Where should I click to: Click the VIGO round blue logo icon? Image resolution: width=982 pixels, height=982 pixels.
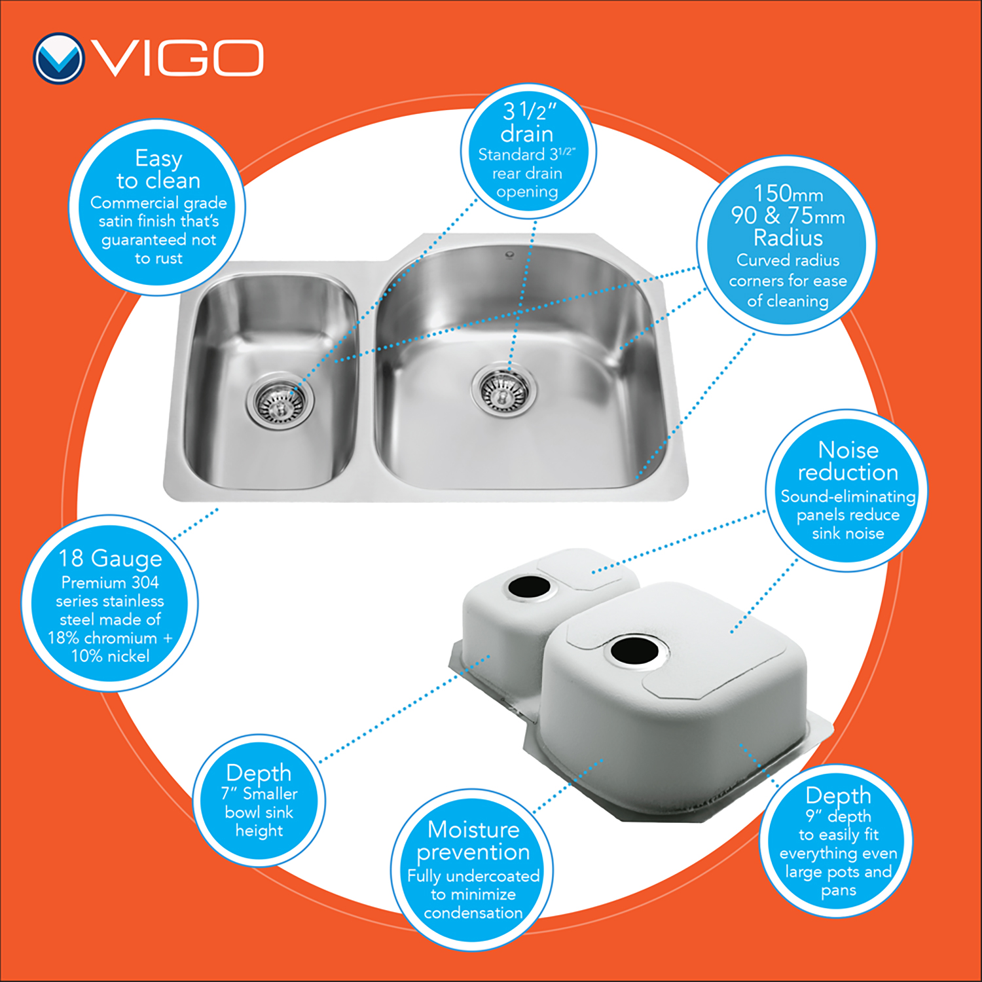click(x=58, y=58)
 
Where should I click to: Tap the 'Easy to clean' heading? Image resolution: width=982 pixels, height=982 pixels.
click(x=158, y=169)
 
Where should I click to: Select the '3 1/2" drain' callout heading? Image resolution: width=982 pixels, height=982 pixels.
click(x=528, y=122)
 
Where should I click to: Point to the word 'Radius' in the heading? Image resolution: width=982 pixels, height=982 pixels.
click(x=788, y=237)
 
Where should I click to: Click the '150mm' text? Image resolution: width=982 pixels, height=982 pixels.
click(x=788, y=193)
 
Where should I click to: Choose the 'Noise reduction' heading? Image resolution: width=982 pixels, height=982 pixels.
click(x=848, y=461)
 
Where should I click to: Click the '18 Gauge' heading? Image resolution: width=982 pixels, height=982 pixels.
click(x=110, y=558)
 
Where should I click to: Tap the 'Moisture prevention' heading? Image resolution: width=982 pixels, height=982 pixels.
click(x=473, y=841)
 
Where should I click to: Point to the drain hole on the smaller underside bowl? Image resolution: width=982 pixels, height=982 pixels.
click(x=530, y=587)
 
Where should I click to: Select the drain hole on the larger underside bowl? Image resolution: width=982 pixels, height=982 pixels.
click(x=634, y=650)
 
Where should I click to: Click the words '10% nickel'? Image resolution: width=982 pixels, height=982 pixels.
click(x=110, y=656)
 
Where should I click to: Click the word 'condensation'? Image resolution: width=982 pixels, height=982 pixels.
click(x=473, y=913)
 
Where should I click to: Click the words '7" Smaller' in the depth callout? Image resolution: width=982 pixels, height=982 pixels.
click(x=259, y=794)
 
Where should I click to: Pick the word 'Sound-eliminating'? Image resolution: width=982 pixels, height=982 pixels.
click(x=848, y=497)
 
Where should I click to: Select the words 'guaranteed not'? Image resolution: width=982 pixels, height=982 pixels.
click(x=158, y=240)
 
